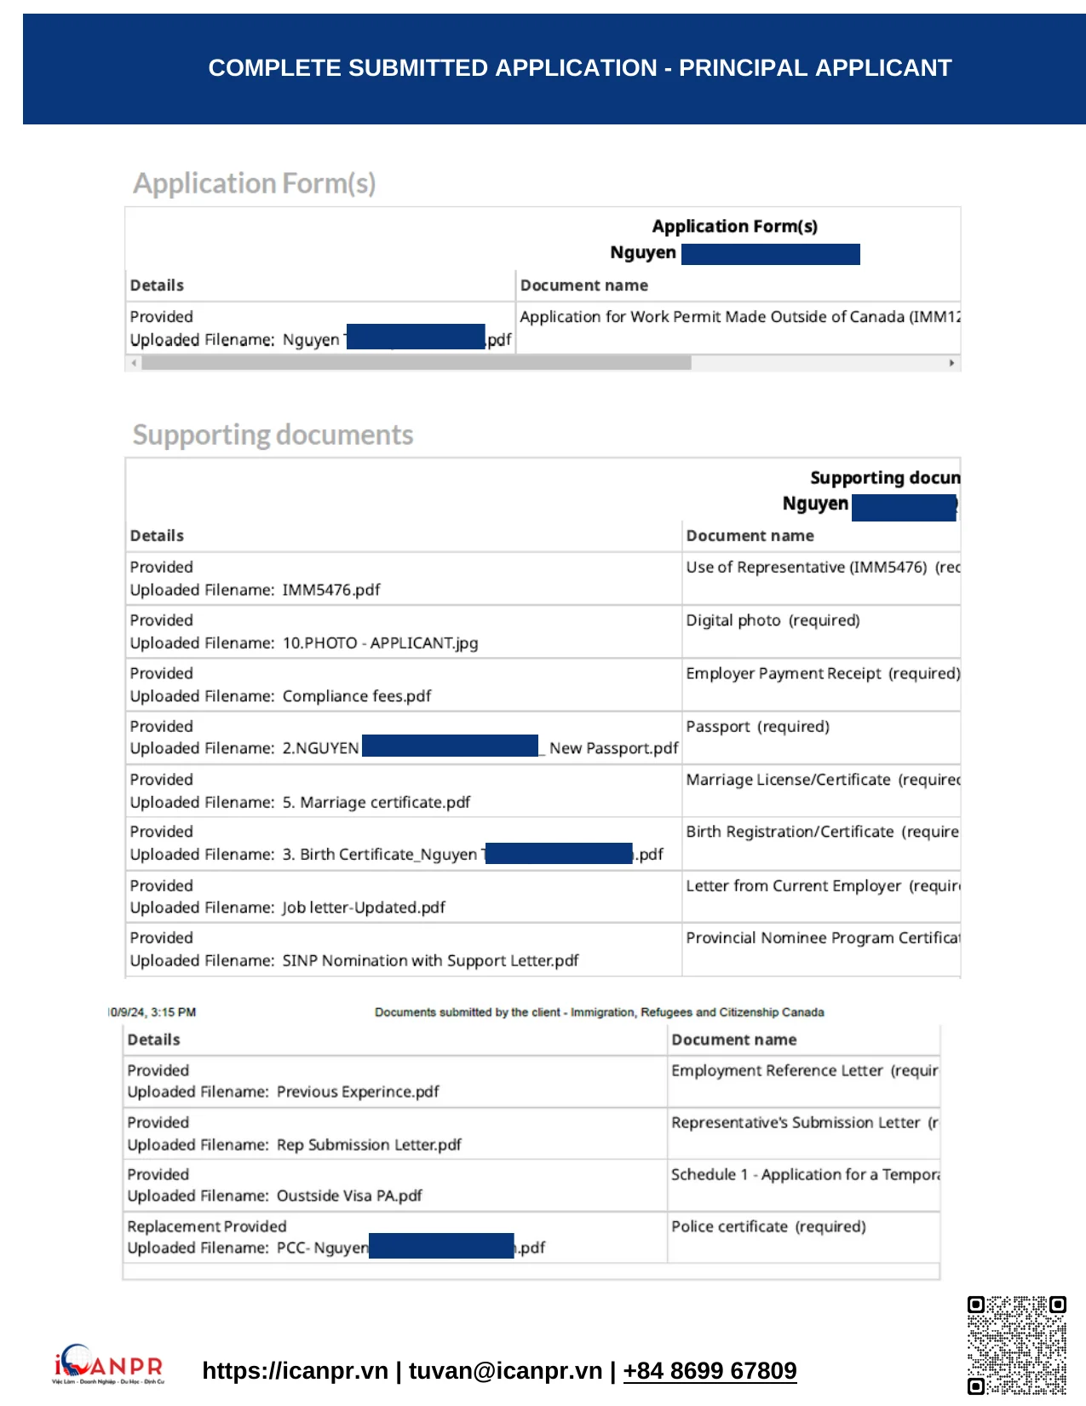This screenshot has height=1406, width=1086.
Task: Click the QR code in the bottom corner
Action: pos(1016,1345)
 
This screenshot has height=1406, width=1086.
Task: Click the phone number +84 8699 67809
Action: pos(710,1370)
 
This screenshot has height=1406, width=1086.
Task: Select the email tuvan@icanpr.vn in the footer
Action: pos(505,1370)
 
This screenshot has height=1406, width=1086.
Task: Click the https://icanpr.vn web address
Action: pos(295,1370)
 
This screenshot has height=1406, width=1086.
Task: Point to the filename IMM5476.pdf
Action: pos(331,590)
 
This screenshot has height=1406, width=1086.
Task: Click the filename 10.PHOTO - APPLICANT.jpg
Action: pos(380,642)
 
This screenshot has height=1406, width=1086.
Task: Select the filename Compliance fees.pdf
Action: pos(357,696)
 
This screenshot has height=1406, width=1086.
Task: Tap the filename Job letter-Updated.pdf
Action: pos(364,908)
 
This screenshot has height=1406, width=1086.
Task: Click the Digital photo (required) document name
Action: pos(773,620)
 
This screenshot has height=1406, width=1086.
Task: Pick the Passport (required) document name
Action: pos(757,726)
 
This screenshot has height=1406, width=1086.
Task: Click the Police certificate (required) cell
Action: pos(768,1226)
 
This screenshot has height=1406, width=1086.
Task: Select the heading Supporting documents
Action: pos(273,435)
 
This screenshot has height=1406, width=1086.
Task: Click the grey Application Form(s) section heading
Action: pos(254,183)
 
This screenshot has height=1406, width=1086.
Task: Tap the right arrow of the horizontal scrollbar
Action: pos(951,363)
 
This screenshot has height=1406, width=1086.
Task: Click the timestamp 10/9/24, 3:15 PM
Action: pos(152,1012)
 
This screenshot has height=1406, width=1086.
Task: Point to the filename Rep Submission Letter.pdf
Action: pos(369,1144)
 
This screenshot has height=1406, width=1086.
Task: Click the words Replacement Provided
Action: pos(207,1226)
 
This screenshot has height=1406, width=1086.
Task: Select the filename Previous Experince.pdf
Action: pos(358,1092)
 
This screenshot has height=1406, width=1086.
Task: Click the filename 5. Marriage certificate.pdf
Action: pos(376,802)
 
